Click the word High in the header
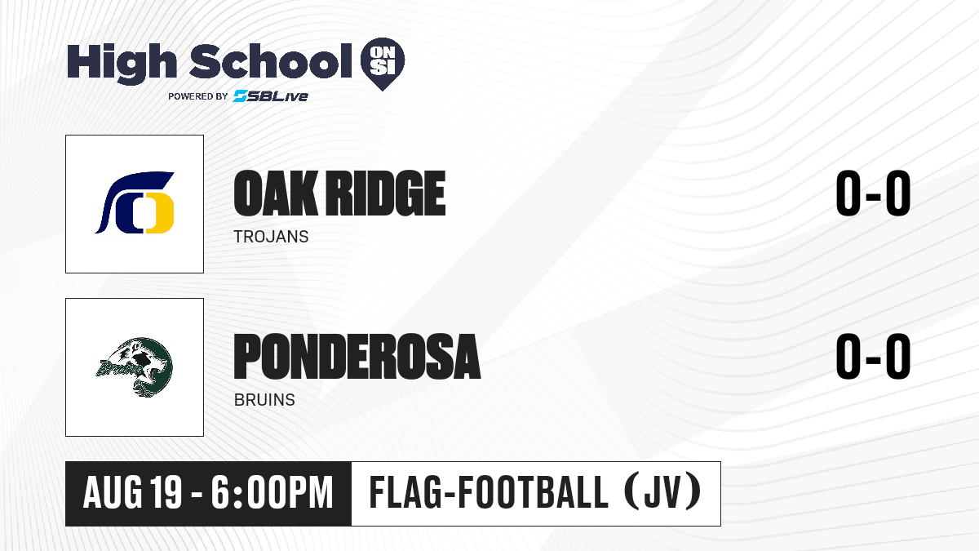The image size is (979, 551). point(122,64)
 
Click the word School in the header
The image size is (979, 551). point(271,61)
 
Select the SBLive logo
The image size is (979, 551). point(271,96)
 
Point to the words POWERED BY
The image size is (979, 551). point(198,96)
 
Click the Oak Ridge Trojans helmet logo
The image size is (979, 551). point(135,202)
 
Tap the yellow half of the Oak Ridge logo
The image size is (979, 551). point(161,213)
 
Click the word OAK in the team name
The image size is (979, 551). point(276,193)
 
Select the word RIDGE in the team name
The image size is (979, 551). point(387,193)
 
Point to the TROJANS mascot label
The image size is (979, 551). point(271,237)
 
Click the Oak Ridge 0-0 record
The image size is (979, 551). point(873,193)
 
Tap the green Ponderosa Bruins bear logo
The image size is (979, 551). point(134,367)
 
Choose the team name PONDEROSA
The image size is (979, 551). point(357,357)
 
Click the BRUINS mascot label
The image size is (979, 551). point(264,400)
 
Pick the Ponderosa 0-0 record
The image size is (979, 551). point(873,357)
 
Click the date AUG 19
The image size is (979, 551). point(132,493)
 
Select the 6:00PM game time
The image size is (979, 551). point(272,493)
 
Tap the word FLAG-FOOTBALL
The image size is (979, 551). point(489,492)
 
